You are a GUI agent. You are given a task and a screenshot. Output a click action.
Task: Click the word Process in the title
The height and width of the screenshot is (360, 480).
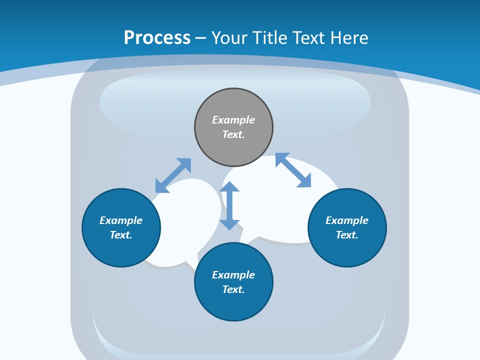pos(157,37)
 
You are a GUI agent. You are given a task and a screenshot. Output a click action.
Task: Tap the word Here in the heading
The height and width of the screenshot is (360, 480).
pos(348,37)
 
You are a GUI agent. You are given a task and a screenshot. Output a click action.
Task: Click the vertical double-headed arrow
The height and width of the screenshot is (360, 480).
pos(229,205)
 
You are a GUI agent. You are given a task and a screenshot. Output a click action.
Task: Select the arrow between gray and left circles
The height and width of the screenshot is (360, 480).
pos(173,175)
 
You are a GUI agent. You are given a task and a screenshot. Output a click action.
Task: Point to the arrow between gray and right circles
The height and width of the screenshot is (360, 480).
pos(293,170)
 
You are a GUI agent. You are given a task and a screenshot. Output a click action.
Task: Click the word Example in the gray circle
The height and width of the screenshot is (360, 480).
pos(233,120)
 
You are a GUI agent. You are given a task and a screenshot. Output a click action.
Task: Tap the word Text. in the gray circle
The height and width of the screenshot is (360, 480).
pos(233,134)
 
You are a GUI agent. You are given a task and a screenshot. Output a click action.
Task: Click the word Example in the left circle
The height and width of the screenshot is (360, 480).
pos(121,220)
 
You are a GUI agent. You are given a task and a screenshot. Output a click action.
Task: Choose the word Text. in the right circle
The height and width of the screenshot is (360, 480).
pos(347,235)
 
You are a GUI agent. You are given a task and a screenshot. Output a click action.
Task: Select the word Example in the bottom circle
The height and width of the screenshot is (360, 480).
pos(233,275)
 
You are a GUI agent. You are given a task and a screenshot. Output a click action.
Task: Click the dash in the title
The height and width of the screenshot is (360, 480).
pos(201,38)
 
